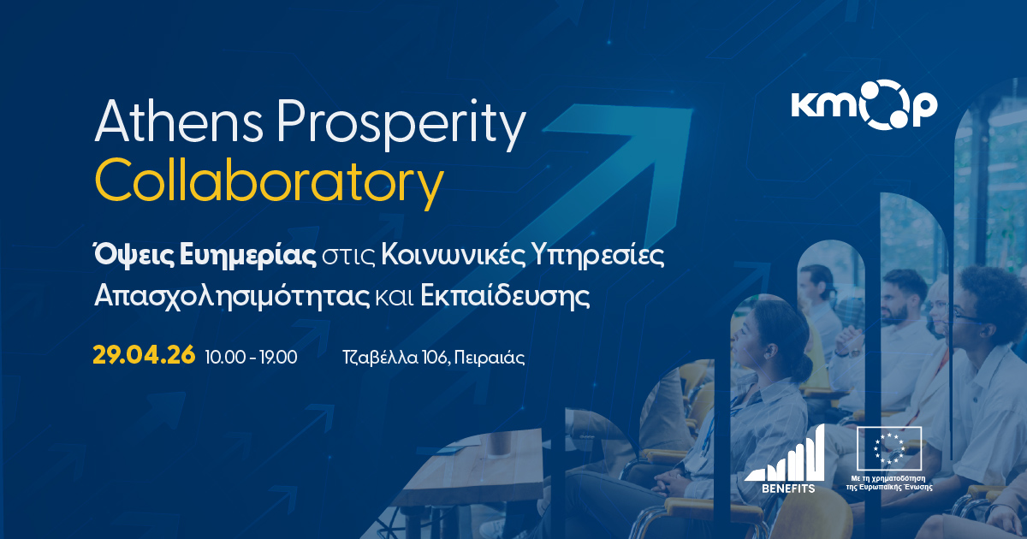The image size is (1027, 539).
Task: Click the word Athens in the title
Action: click(178, 121)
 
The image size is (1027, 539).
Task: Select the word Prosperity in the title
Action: click(401, 125)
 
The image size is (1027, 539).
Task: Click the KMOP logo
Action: click(864, 105)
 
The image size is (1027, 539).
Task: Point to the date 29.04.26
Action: click(144, 356)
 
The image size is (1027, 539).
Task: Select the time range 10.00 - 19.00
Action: click(251, 357)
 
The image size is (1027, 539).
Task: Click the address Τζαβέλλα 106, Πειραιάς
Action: click(433, 357)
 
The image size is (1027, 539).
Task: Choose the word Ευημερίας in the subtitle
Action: click(247, 256)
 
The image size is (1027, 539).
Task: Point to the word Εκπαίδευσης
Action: click(505, 297)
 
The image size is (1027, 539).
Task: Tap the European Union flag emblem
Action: click(889, 448)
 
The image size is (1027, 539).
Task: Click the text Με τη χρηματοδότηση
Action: click(888, 478)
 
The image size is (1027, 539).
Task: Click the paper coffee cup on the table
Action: click(499, 444)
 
